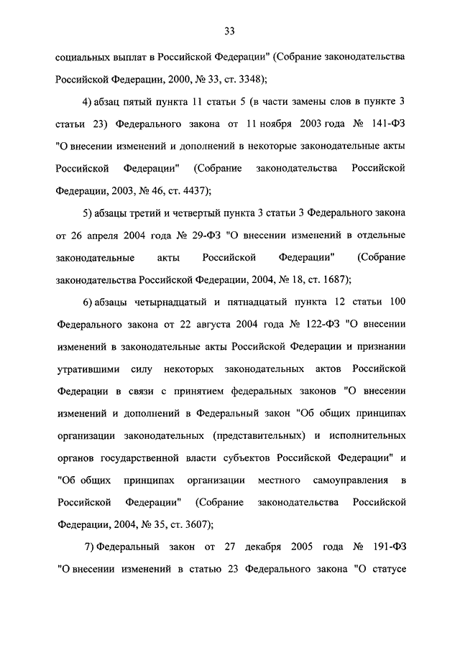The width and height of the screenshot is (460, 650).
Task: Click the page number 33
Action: [229, 31]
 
